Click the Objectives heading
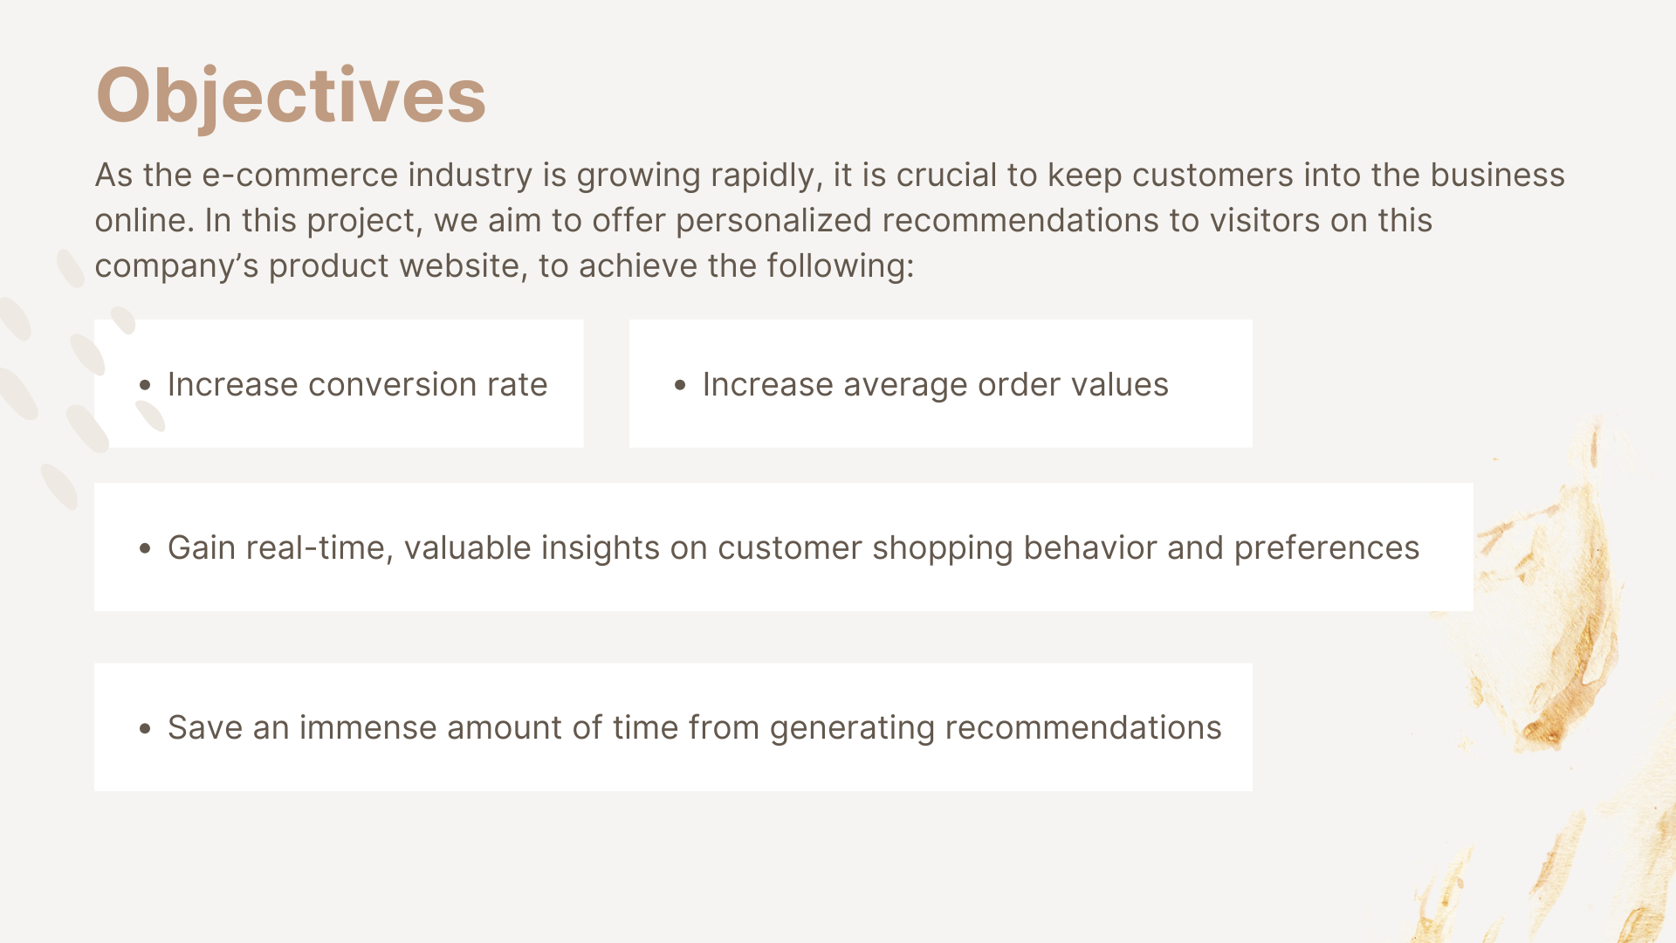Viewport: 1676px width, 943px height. pyautogui.click(x=291, y=96)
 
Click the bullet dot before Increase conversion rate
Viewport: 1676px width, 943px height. pyautogui.click(x=145, y=385)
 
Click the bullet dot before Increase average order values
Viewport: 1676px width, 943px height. pyautogui.click(x=680, y=385)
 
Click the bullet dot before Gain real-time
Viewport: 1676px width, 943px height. pyautogui.click(x=145, y=548)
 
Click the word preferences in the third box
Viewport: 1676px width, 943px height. pyautogui.click(x=1327, y=548)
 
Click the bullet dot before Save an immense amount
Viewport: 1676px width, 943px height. pyautogui.click(x=145, y=728)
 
